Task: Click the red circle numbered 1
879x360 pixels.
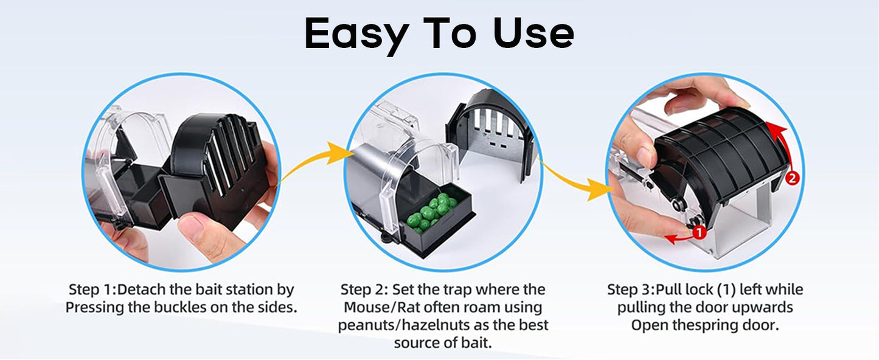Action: [x=698, y=232]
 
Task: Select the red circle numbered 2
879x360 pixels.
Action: [x=792, y=178]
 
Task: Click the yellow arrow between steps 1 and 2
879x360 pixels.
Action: [x=314, y=160]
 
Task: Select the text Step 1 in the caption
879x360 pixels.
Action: [x=91, y=290]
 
